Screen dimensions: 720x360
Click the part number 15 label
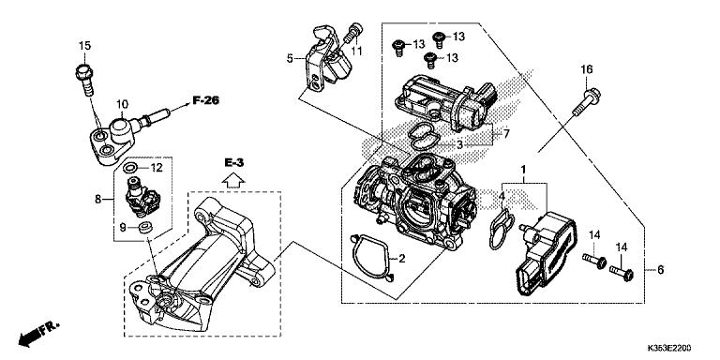(85, 45)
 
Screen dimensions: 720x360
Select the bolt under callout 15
(84, 80)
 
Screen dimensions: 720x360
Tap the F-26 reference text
(205, 100)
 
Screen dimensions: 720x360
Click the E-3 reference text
(234, 162)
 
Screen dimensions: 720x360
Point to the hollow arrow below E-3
(233, 180)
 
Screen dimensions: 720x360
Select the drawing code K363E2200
(669, 348)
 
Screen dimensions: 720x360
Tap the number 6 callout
(660, 270)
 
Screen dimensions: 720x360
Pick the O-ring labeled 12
(130, 167)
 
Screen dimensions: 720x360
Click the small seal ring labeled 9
(146, 226)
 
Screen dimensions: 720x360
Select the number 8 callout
(97, 200)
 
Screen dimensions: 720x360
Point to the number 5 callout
(290, 58)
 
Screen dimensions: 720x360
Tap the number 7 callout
(506, 134)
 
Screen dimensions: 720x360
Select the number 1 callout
(523, 171)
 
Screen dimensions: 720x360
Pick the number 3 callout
(459, 145)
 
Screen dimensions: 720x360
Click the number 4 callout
(502, 197)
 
